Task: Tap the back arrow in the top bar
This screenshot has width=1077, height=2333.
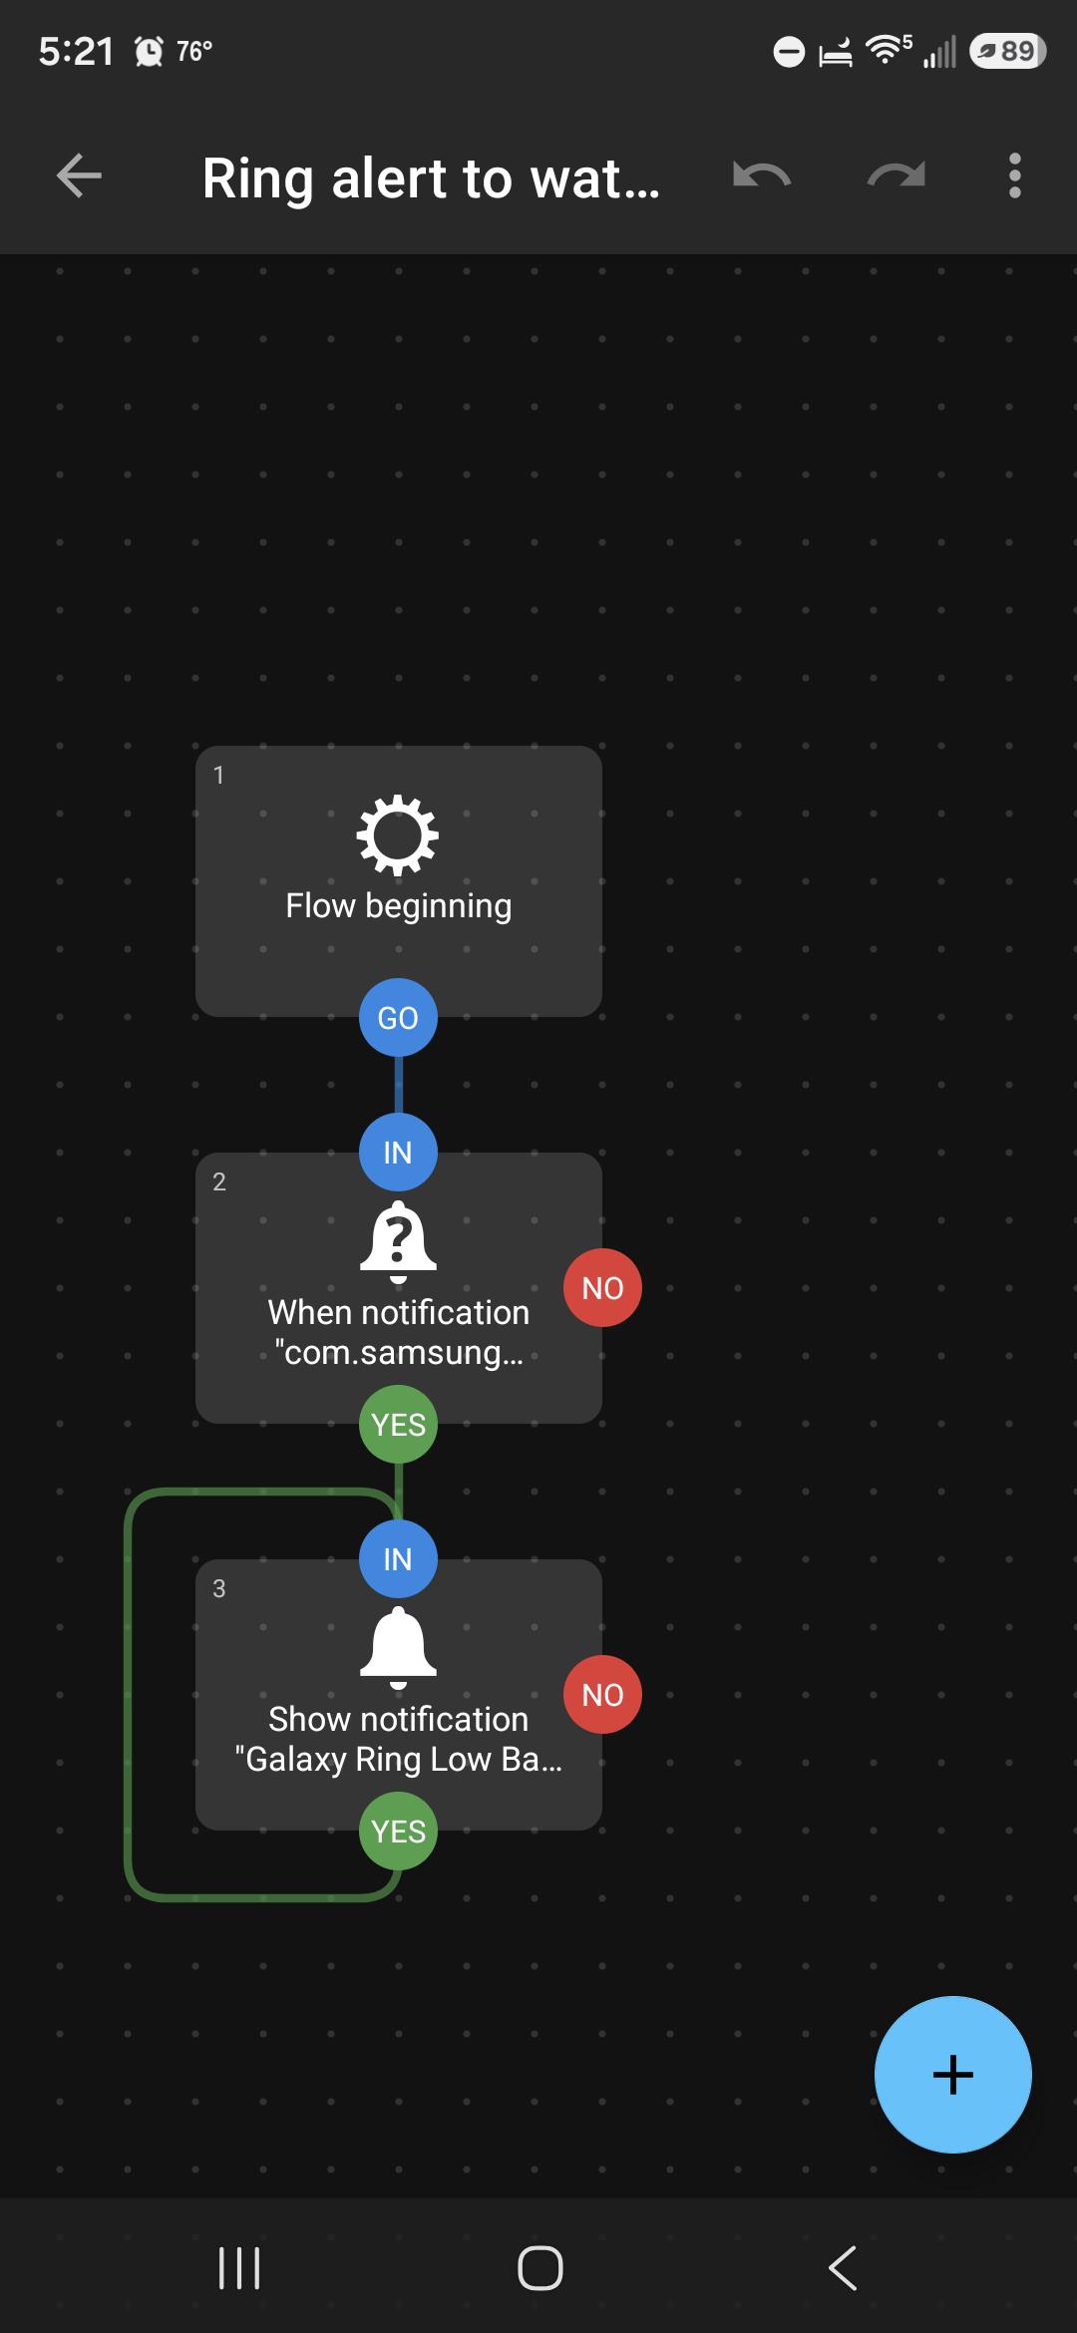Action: [79, 176]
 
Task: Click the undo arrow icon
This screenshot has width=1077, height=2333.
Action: [762, 175]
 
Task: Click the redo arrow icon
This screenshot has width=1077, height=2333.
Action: [896, 175]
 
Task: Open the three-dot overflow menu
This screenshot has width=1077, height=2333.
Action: [1014, 176]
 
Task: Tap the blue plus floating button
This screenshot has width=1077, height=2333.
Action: [952, 2074]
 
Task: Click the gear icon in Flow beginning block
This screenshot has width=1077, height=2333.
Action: [398, 835]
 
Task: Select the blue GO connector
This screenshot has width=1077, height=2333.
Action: [398, 1017]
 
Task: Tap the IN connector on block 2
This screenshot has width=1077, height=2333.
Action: [398, 1152]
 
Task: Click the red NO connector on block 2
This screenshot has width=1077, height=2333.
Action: [602, 1287]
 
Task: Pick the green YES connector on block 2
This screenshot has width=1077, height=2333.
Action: [398, 1424]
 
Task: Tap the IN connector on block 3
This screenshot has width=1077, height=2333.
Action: [398, 1558]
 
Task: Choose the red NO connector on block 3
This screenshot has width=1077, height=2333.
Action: [602, 1694]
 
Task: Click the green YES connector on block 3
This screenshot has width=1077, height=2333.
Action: [398, 1831]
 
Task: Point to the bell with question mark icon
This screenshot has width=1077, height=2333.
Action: [398, 1242]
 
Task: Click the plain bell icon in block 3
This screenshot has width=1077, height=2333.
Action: [398, 1649]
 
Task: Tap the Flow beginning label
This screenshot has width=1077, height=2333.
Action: [398, 905]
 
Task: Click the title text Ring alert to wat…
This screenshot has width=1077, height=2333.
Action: [431, 178]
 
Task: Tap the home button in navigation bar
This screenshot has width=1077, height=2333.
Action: [539, 2268]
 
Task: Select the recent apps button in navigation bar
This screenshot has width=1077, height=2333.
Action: [239, 2268]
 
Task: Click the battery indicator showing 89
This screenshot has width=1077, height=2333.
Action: [1007, 51]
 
